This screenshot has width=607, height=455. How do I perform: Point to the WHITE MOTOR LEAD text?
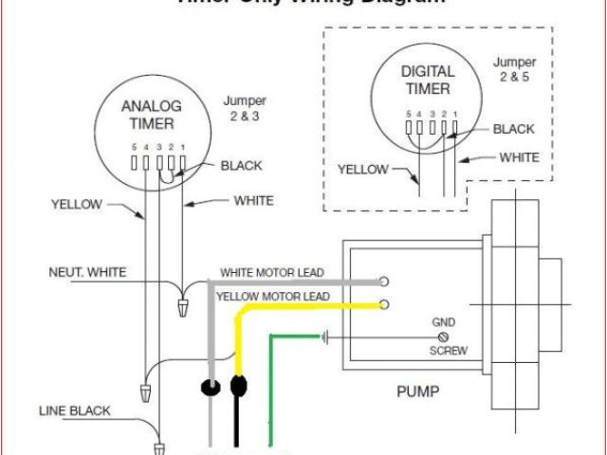pos(272,273)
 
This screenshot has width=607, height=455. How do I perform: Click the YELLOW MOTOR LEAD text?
pos(273,297)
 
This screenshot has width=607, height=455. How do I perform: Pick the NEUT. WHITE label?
pos(87,273)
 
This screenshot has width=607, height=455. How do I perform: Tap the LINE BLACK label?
pos(75,410)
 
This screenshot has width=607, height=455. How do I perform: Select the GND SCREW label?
pos(443,336)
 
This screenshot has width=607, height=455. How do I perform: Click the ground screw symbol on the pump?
pos(441,337)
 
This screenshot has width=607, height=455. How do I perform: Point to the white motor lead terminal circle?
pos(384,282)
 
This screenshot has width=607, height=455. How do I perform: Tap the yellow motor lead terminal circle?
pos(384,304)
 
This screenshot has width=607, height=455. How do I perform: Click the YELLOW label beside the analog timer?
pos(78,202)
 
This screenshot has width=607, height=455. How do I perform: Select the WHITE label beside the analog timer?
pos(253,200)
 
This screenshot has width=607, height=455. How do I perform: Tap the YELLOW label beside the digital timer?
pos(363,170)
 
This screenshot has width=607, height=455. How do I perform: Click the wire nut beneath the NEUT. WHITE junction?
pos(183,307)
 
